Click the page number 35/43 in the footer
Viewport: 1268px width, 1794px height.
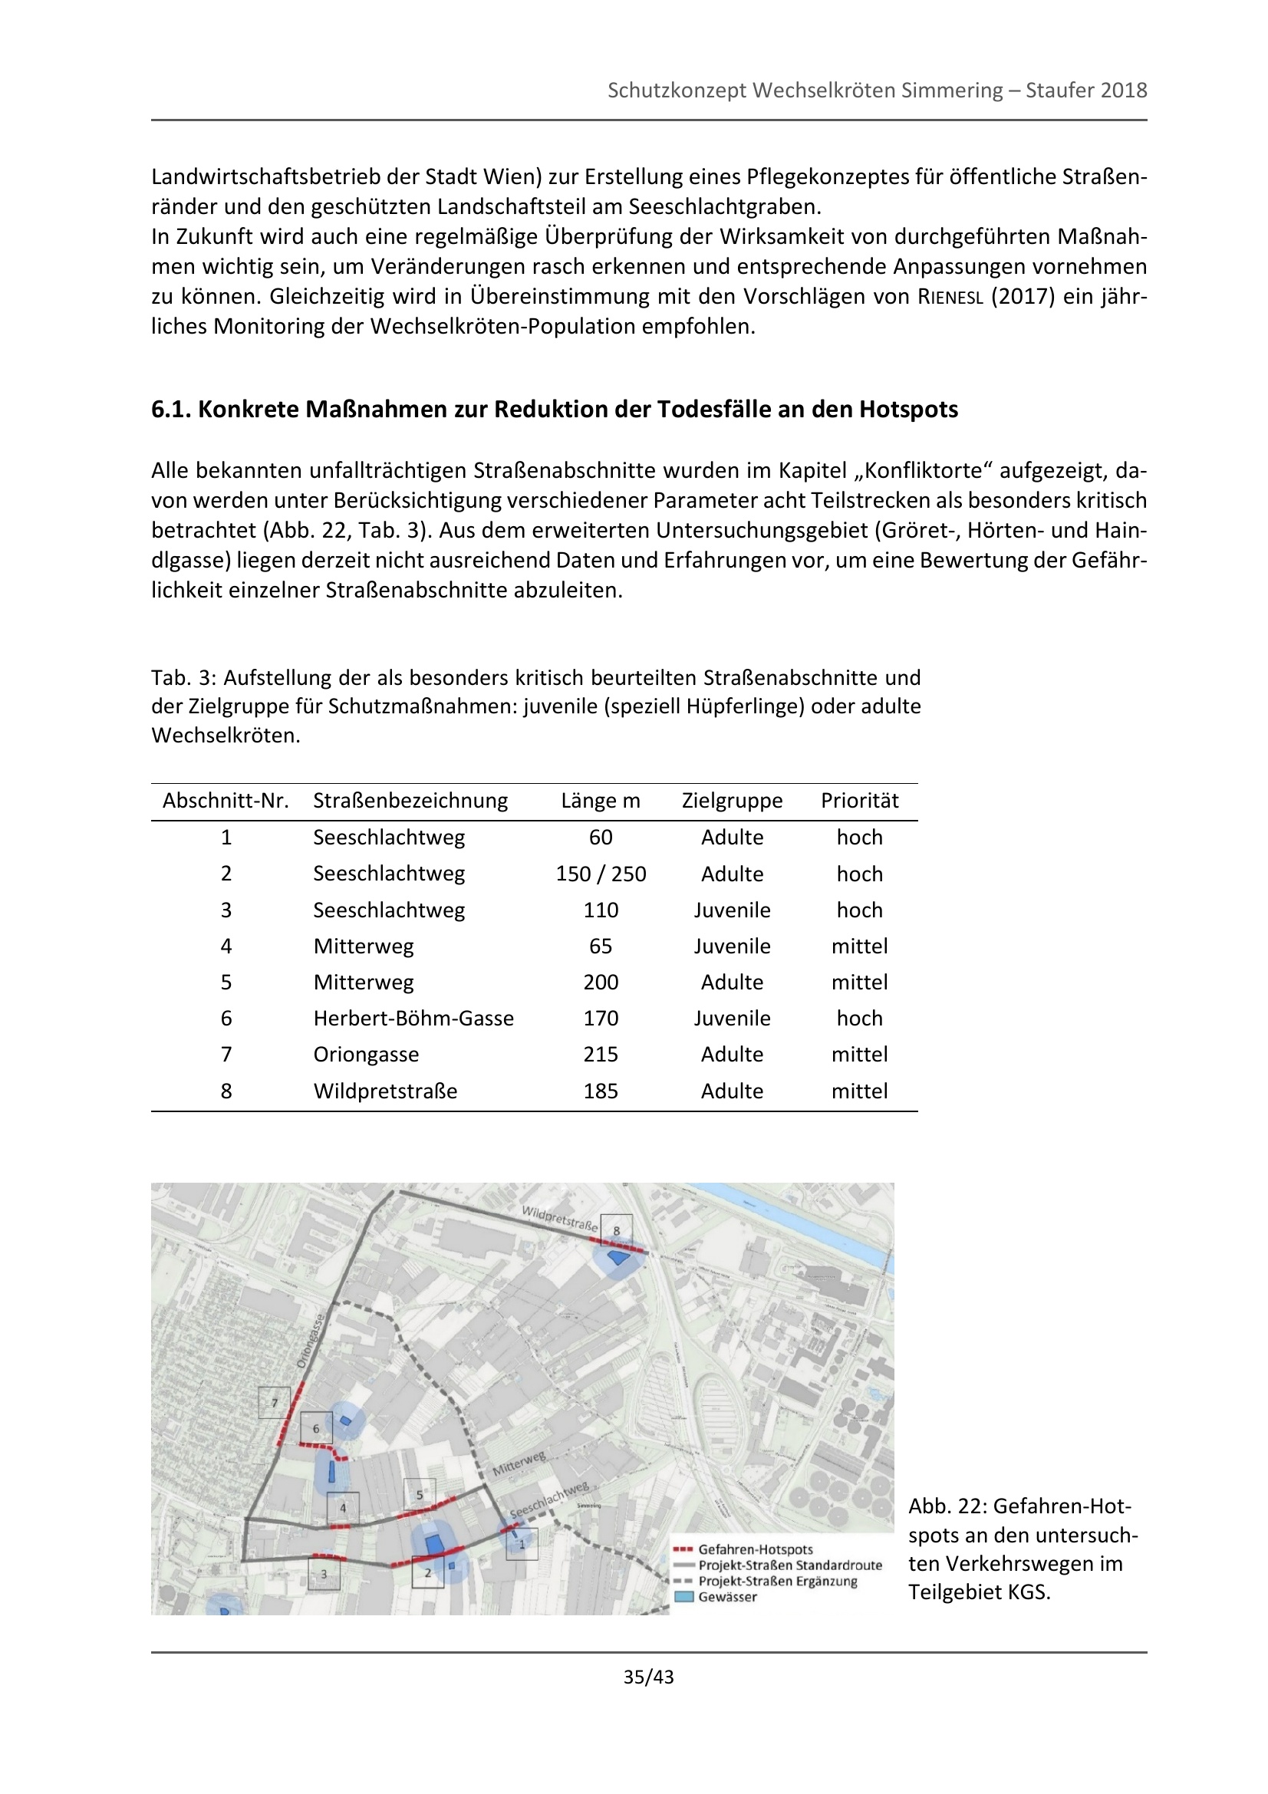pyautogui.click(x=647, y=1677)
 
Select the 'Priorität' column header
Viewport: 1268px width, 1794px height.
pyautogui.click(x=858, y=800)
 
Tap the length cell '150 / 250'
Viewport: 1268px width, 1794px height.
pyautogui.click(x=600, y=874)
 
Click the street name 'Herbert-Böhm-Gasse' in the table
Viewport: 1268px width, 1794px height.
pyautogui.click(x=413, y=1018)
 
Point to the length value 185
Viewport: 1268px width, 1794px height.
pyautogui.click(x=600, y=1091)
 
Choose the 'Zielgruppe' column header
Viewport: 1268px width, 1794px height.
pyautogui.click(x=731, y=800)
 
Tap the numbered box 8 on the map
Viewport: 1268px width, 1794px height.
pyautogui.click(x=617, y=1230)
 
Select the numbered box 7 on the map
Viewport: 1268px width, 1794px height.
pyautogui.click(x=274, y=1403)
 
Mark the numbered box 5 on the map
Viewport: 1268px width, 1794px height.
pyautogui.click(x=420, y=1495)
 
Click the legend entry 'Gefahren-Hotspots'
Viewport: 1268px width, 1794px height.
pyautogui.click(x=755, y=1549)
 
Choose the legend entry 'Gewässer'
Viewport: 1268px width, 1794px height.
pyautogui.click(x=726, y=1597)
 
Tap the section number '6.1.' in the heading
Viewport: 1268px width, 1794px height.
pyautogui.click(x=171, y=410)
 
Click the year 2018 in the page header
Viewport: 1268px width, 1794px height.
pyautogui.click(x=1124, y=91)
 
